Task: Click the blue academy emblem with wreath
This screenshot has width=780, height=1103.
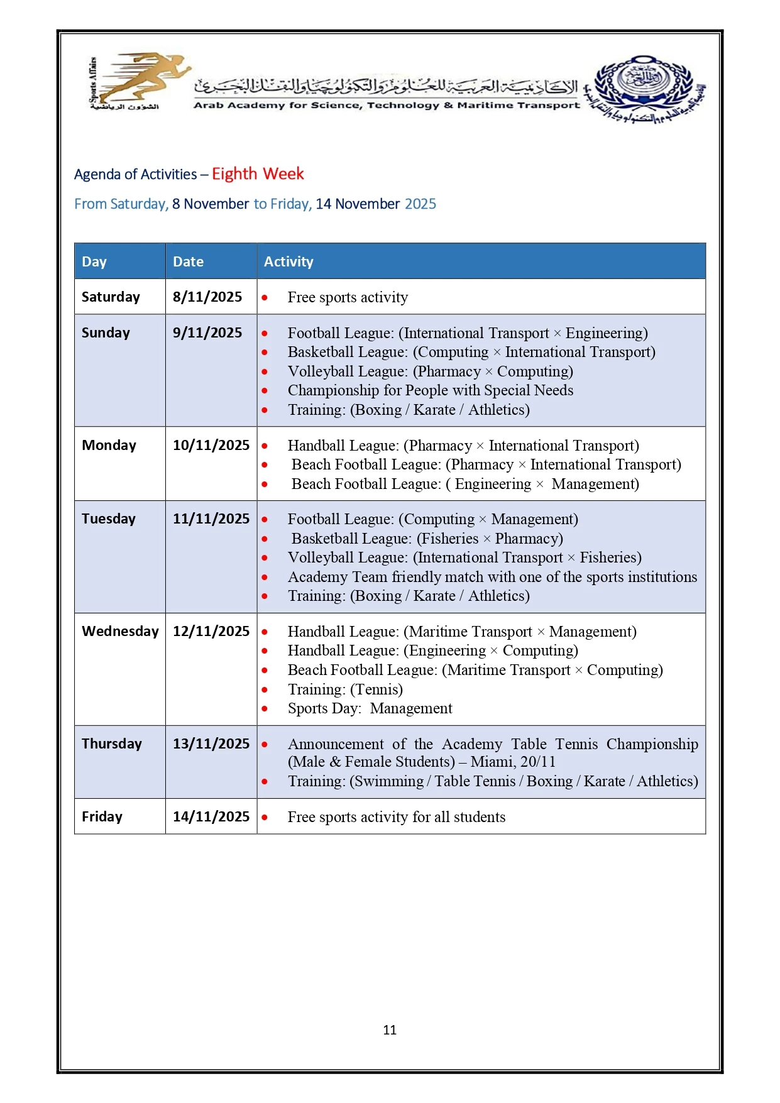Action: coord(645,88)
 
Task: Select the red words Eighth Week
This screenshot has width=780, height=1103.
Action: coord(258,174)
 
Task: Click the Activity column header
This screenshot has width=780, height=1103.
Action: coord(288,261)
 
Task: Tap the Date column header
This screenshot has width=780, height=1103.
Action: coord(188,261)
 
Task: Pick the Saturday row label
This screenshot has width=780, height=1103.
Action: coord(111,297)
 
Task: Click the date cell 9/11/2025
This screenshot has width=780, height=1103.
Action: coord(207,332)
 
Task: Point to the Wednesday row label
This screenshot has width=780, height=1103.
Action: coord(120,631)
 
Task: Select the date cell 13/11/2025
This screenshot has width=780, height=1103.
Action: coord(211,744)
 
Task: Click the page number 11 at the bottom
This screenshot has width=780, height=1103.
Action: coord(390,1029)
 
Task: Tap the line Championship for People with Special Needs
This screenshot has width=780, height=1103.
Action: coord(431,390)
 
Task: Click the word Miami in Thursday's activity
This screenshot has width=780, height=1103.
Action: coord(492,762)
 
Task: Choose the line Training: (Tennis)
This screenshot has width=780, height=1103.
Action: coord(345,689)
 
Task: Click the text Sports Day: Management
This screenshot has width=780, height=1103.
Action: coord(370,708)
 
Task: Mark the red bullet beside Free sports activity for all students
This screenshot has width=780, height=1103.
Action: coord(265,817)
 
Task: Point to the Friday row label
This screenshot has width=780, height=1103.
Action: coord(102,816)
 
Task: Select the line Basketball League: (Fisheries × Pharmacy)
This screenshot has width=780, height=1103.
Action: coord(427,539)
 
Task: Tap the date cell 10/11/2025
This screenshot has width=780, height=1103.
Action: coord(211,445)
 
